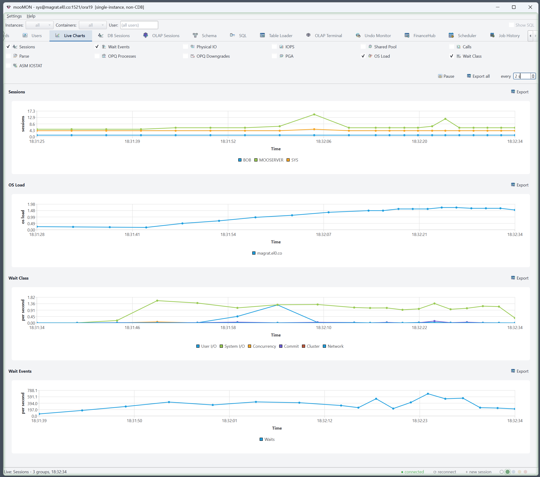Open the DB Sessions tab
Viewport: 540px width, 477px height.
coord(114,35)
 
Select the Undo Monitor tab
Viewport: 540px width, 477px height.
coord(373,35)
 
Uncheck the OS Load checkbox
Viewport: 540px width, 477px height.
coord(363,56)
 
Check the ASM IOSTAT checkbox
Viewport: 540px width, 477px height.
coord(8,66)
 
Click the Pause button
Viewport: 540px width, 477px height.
coord(446,76)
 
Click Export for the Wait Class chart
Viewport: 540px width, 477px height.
coord(520,278)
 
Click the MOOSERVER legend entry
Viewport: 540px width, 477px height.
coord(269,160)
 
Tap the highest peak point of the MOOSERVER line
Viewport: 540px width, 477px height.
coord(314,115)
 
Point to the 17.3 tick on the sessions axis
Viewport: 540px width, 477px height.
coord(31,111)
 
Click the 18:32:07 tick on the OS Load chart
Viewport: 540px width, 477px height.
coord(324,234)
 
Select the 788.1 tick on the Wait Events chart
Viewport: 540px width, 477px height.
coord(32,390)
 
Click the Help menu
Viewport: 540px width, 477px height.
coord(31,16)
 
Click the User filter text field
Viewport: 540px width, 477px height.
coord(139,25)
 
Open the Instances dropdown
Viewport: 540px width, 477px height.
coord(40,25)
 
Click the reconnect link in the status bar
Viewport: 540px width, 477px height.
coord(445,472)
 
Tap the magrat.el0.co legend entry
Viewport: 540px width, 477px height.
coord(267,253)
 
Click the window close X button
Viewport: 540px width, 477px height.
coord(530,7)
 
